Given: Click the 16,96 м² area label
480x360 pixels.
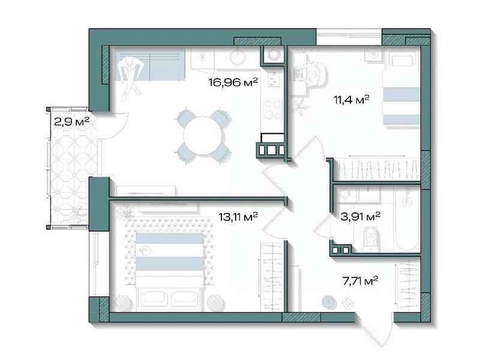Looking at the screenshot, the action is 233,82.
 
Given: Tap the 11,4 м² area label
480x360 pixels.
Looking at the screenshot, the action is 352,99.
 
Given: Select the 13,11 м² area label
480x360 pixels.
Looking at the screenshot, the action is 238,217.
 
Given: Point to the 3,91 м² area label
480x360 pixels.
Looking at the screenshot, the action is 361,217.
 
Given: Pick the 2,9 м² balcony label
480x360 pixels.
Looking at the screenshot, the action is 71,122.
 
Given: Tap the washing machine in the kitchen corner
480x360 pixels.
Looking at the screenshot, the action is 273,55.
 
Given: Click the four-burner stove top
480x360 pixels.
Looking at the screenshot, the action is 272,109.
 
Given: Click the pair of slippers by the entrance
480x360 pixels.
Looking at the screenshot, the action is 347,303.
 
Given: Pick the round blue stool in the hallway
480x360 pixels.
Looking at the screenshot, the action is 329,302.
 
